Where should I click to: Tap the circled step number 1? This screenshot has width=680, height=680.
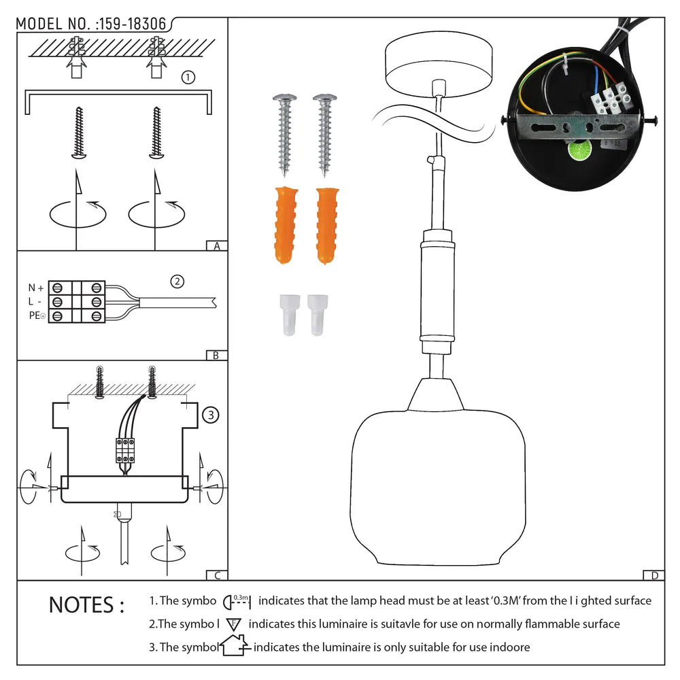click(188, 78)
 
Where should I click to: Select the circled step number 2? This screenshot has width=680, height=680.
click(177, 281)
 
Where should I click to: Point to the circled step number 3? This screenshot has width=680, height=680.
click(211, 414)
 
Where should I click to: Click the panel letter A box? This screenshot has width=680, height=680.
click(217, 246)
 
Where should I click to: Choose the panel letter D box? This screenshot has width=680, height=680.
click(654, 575)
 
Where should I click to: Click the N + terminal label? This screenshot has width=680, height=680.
click(35, 288)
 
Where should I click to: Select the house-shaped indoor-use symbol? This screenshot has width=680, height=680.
click(234, 647)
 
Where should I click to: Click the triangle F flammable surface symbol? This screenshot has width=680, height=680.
click(234, 624)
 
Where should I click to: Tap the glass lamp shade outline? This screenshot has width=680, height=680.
click(428, 490)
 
